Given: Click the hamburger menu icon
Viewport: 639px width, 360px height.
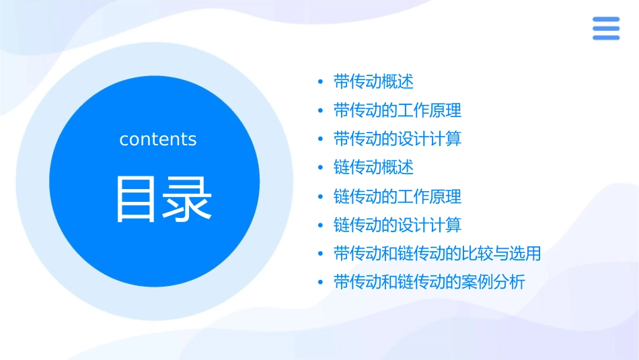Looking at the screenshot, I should coord(605,28).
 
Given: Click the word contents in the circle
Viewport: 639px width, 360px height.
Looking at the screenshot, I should coord(158,139).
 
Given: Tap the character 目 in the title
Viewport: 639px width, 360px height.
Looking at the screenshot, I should coord(137,199).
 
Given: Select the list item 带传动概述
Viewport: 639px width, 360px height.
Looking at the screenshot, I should coord(373,82).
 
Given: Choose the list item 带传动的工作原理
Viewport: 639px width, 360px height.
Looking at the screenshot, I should coord(398,110).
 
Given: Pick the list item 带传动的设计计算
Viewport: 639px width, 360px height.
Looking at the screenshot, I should coord(398,139).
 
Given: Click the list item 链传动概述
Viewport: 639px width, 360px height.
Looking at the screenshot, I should coord(373,167).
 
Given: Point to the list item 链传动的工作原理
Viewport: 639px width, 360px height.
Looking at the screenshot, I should coord(398,196).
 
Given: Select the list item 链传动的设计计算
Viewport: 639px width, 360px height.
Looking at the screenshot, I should coord(398,225).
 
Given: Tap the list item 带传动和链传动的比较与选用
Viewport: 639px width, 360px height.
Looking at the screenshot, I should coord(437,254).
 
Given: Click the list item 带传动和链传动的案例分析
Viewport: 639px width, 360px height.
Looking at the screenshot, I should coord(429,282).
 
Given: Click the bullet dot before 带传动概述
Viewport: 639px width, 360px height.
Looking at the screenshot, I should coord(321,83).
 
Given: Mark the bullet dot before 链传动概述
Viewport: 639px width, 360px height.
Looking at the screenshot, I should coord(321,168).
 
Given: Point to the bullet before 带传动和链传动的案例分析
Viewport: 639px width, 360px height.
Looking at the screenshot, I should coord(321,283).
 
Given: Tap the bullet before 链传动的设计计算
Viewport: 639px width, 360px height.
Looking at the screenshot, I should coord(321,225).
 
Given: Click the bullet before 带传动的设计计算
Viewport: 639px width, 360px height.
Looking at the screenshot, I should coord(321,140).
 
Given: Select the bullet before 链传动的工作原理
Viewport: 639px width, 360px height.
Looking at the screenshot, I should coord(321,197).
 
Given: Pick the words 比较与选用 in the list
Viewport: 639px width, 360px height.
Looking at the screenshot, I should coord(501,254).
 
